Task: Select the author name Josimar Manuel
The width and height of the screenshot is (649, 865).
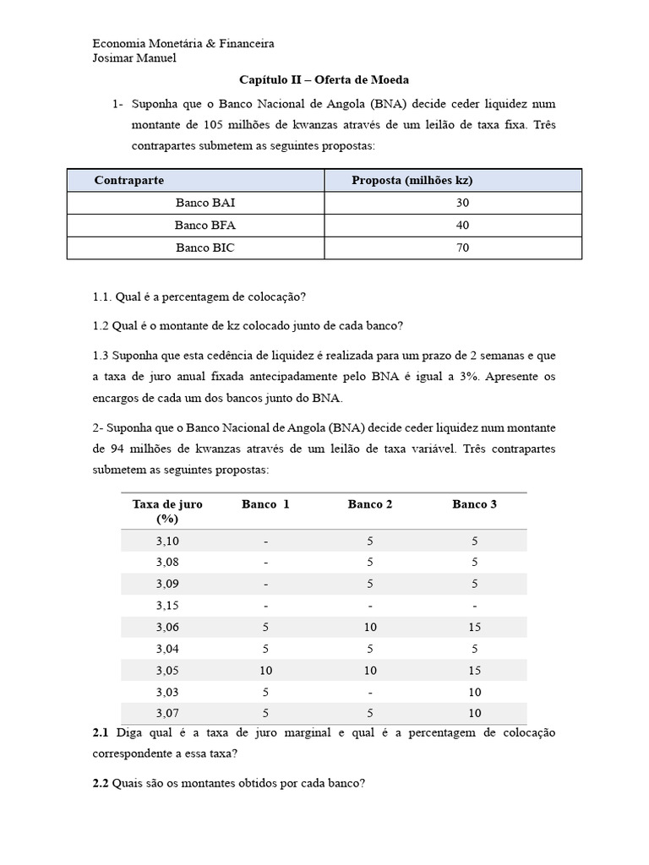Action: tap(134, 58)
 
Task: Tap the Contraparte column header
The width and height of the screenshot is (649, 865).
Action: tap(129, 181)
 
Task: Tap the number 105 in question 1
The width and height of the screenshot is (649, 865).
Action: tap(213, 125)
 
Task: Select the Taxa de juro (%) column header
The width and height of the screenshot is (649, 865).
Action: tap(167, 511)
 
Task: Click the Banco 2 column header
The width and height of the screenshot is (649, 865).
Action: tap(370, 504)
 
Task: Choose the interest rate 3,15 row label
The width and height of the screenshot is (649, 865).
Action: tap(167, 606)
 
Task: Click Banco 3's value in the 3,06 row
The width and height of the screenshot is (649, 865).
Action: tap(474, 627)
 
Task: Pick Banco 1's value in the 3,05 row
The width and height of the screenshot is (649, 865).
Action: tap(265, 671)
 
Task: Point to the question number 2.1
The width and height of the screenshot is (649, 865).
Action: tap(101, 732)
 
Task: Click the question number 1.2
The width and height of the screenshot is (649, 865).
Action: tap(102, 326)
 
